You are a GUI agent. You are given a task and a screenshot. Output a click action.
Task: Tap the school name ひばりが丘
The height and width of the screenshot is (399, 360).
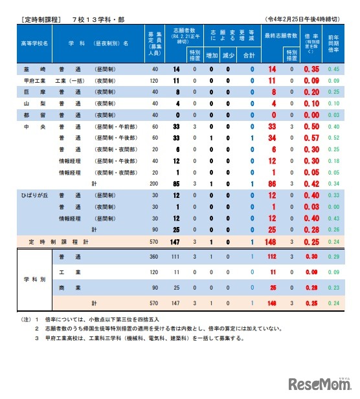tap(31, 195)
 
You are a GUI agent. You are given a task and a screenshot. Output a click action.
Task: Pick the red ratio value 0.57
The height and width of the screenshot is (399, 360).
tap(311, 138)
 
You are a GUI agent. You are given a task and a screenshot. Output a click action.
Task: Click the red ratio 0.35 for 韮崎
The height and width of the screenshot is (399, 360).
tap(311, 69)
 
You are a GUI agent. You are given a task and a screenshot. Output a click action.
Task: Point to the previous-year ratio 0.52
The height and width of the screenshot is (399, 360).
tap(333, 138)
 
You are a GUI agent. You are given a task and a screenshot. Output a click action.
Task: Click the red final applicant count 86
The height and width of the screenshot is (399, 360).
tap(272, 184)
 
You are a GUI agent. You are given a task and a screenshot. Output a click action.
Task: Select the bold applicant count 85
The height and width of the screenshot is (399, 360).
tap(176, 184)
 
